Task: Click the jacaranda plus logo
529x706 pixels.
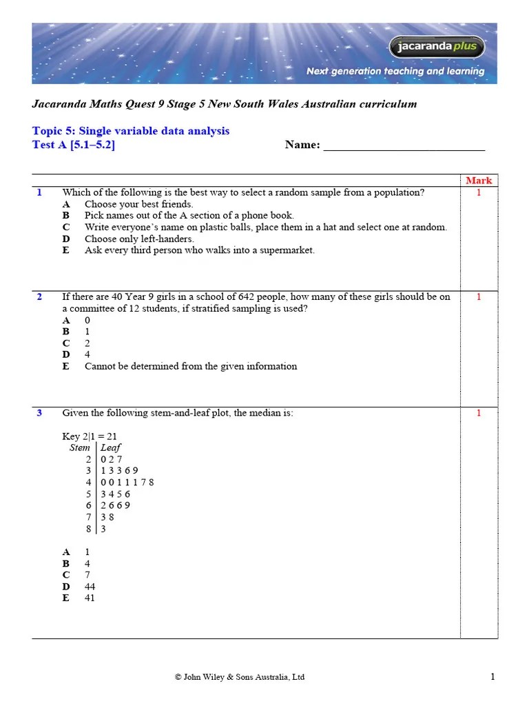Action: click(x=437, y=47)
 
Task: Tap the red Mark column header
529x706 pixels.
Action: click(x=479, y=181)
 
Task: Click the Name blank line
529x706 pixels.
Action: click(x=404, y=146)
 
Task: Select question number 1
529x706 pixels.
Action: click(x=40, y=192)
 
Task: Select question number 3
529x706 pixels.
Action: click(x=40, y=413)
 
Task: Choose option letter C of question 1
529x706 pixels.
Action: click(x=66, y=227)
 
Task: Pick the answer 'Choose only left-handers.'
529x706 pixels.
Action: click(x=139, y=239)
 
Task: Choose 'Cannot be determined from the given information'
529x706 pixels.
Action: click(x=191, y=366)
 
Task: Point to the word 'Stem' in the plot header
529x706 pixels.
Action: click(x=79, y=447)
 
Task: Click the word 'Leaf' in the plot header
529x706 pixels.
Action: click(x=111, y=447)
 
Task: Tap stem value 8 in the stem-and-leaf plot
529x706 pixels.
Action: click(x=89, y=529)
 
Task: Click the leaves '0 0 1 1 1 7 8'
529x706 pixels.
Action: click(x=127, y=482)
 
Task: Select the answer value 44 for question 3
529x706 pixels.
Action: click(x=90, y=587)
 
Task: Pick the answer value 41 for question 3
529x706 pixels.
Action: click(x=90, y=598)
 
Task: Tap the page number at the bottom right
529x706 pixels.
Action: click(x=492, y=677)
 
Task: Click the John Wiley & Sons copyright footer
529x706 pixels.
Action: click(x=240, y=678)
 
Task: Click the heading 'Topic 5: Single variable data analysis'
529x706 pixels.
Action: click(x=131, y=130)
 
